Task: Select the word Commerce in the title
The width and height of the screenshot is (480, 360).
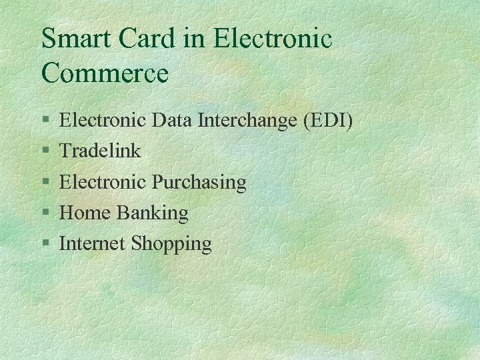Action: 105,73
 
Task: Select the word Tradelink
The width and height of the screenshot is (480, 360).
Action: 100,151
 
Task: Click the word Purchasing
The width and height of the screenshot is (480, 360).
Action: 199,182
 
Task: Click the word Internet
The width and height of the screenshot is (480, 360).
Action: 92,244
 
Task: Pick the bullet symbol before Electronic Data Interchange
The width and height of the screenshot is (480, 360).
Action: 45,121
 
